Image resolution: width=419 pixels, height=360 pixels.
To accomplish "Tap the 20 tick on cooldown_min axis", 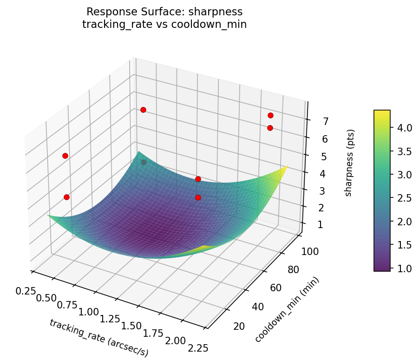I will pyautogui.click(x=239, y=327).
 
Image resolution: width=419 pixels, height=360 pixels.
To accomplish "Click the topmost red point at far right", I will pyautogui.click(x=270, y=115).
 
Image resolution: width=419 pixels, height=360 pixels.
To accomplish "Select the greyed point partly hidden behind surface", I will pyautogui.click(x=144, y=162).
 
